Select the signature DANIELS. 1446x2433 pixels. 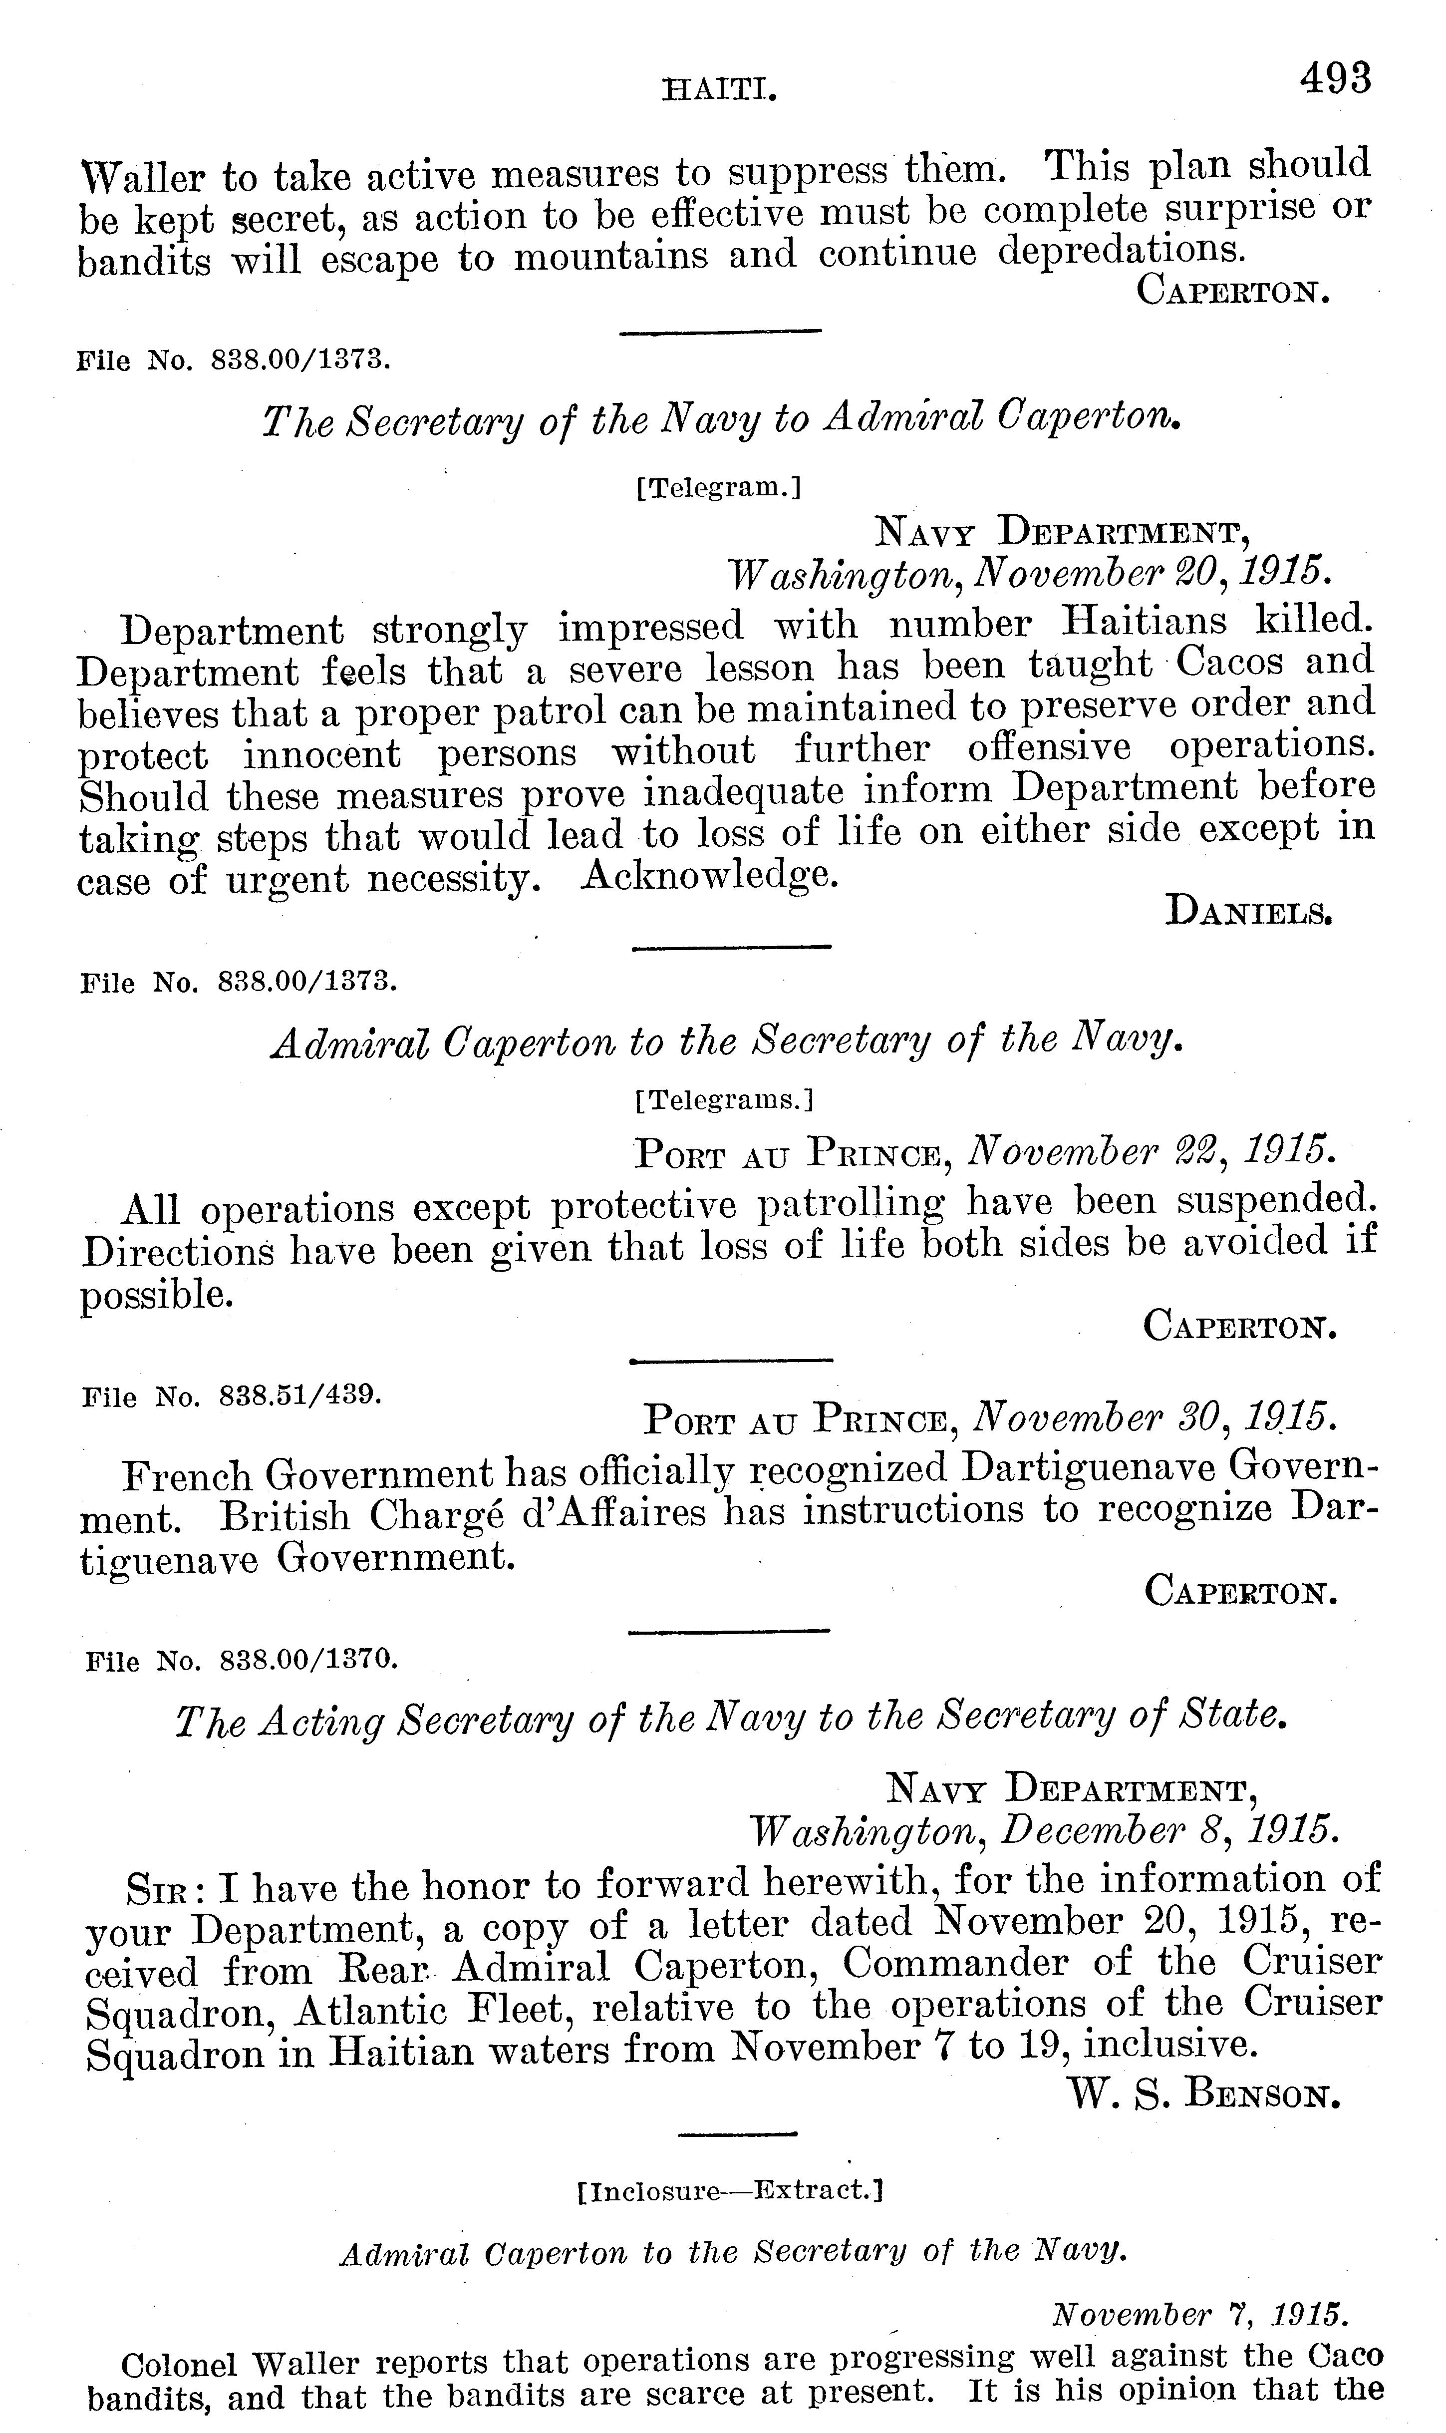pos(1248,912)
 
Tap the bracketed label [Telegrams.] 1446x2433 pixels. pos(723,1100)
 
